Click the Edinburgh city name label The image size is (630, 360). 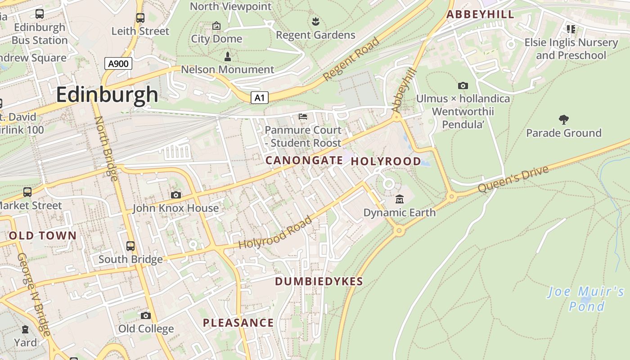(107, 95)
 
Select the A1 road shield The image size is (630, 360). (260, 98)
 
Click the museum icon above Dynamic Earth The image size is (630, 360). (399, 199)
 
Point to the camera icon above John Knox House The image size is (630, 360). (175, 195)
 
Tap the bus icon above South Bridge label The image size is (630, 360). (130, 246)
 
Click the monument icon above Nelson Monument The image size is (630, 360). (227, 57)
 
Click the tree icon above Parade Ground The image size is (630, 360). (563, 119)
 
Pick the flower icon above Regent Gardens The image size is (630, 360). (315, 21)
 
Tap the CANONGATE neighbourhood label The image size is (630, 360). (304, 160)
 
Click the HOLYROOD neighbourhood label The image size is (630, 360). (386, 161)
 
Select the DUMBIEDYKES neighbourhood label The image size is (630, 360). (319, 282)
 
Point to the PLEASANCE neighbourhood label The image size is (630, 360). (238, 323)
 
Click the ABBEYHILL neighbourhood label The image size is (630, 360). (480, 14)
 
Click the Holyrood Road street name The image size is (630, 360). (275, 233)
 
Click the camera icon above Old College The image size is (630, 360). (145, 315)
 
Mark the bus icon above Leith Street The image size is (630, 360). (140, 18)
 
